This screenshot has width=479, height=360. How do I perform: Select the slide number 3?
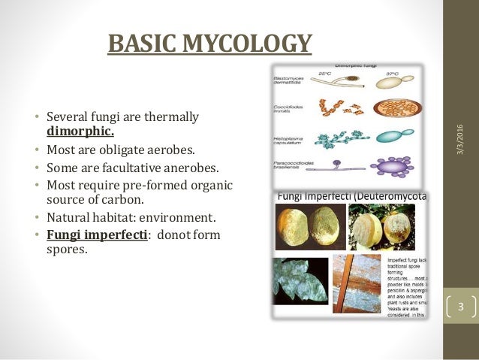(462, 307)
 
